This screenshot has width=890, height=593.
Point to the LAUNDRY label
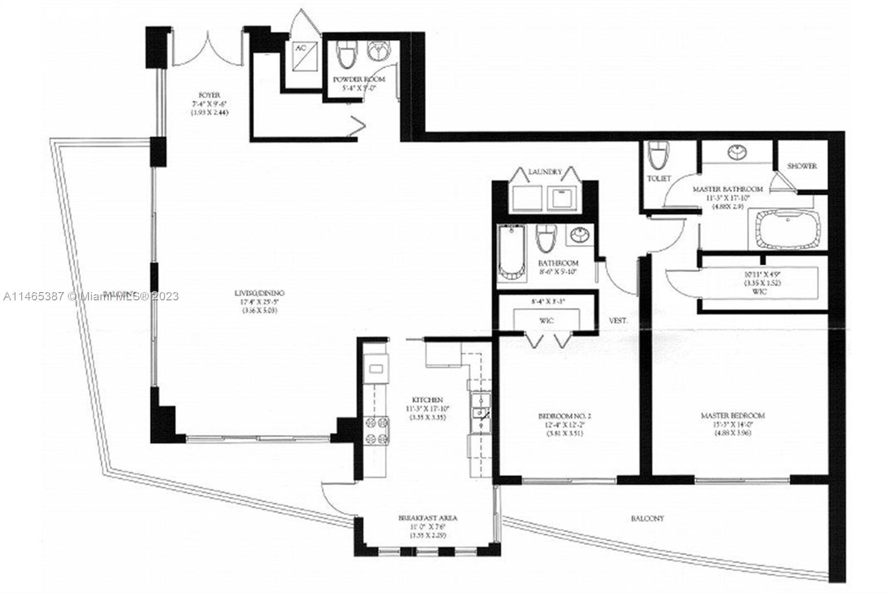[545, 172]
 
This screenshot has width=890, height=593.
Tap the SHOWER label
[802, 166]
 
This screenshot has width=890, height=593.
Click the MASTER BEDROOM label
[733, 416]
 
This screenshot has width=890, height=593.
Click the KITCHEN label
[427, 400]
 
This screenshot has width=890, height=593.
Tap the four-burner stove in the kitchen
[377, 431]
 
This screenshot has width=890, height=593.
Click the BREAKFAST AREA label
[428, 518]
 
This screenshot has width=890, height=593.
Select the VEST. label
[618, 321]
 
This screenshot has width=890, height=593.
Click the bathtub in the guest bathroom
[511, 252]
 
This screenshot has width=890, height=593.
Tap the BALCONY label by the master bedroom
[647, 518]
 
